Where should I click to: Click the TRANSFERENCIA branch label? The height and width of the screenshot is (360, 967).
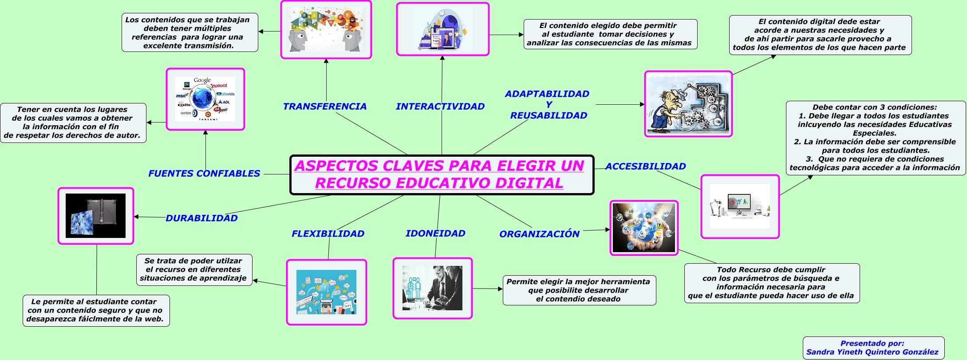point(324,107)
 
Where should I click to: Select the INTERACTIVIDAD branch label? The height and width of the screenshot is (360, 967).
point(440,107)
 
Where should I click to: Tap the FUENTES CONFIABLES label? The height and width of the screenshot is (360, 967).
point(204,174)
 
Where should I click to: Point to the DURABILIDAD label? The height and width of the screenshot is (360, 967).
point(201,218)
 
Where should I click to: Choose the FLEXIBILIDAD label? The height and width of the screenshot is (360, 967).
point(328,234)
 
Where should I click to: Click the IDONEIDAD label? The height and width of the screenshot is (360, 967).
point(435,233)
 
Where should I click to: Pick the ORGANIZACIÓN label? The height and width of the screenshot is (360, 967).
point(539,234)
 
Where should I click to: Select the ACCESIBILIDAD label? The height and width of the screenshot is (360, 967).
point(645,166)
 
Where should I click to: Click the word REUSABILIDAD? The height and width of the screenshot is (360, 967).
point(549,116)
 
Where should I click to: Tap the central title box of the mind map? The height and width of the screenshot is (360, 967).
point(442,175)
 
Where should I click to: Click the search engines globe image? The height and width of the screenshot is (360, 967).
point(205,99)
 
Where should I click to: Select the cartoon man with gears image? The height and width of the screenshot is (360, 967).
point(688,104)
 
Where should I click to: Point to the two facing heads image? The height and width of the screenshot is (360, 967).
point(326,30)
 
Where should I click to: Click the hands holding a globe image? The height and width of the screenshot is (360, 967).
point(644,228)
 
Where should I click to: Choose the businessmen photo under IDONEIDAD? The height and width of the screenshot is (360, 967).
point(432,289)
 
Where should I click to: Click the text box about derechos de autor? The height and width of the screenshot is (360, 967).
point(73,123)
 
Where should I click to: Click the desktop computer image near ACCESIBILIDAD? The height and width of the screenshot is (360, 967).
point(740,206)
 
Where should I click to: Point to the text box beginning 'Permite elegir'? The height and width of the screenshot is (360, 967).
point(579,290)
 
